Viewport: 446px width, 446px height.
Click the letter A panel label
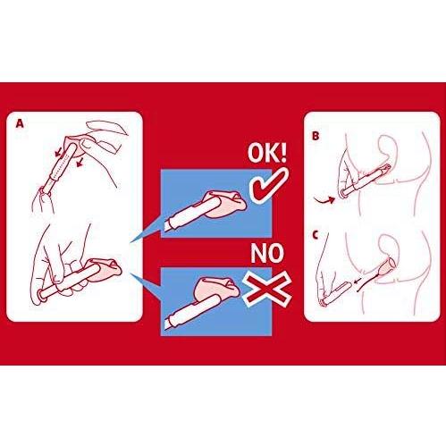20,123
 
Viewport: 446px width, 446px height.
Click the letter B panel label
316,136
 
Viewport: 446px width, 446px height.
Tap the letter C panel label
316,235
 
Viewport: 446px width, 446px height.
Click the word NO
267,253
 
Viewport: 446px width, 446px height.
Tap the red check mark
268,186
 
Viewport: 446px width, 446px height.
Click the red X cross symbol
267,290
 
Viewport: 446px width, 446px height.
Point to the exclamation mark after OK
283,154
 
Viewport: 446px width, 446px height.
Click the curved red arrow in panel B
324,201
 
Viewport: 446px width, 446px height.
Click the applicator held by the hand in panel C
334,293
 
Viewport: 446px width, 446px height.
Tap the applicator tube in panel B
366,180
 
